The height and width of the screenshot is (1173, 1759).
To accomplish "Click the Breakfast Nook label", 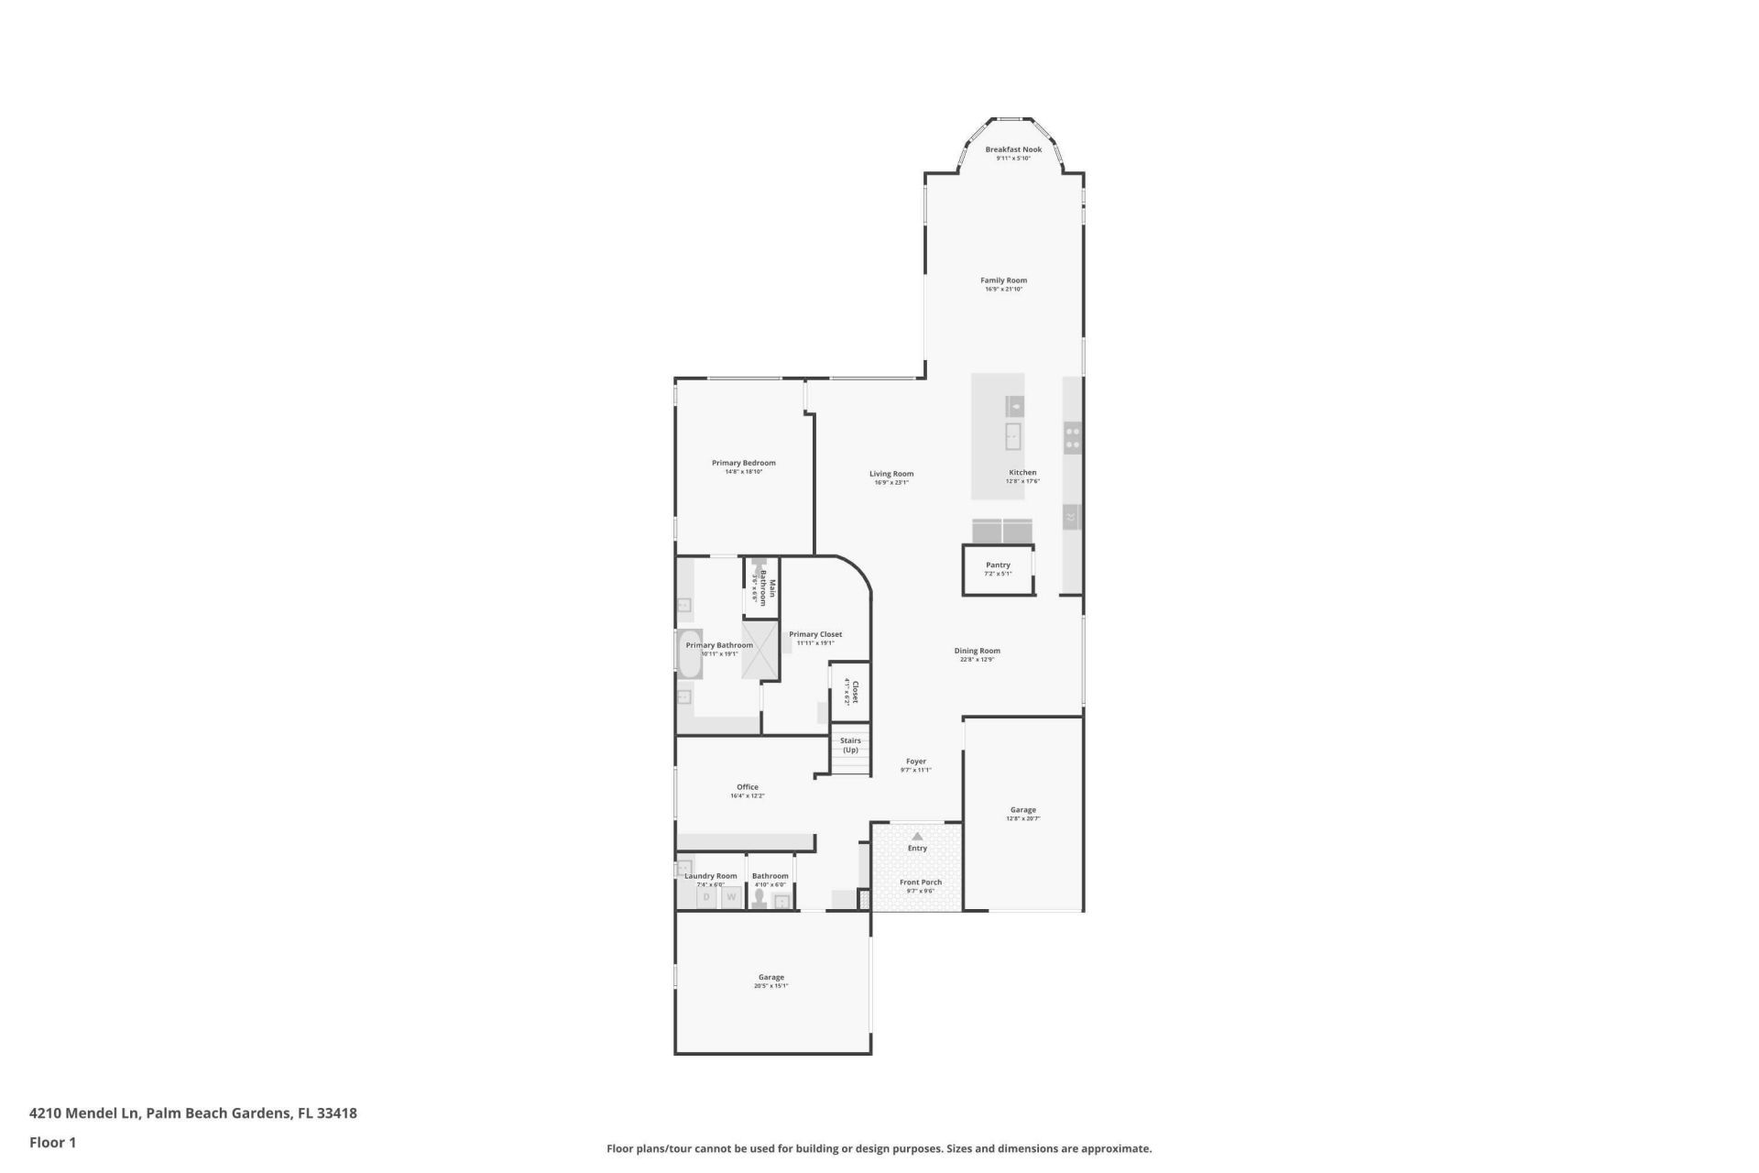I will [x=1013, y=149].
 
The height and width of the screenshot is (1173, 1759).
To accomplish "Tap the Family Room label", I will [x=1003, y=280].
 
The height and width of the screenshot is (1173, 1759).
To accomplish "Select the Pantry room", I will [x=998, y=570].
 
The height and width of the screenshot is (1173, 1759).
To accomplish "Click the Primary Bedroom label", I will [x=743, y=463].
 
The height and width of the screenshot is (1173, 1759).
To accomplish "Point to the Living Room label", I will [x=890, y=474].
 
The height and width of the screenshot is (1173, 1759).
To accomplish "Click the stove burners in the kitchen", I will [x=1072, y=437].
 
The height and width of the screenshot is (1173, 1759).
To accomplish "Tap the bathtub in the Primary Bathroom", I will [x=690, y=653].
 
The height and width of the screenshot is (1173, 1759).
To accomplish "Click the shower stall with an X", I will [x=760, y=650].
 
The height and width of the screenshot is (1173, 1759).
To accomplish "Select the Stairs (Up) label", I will [x=850, y=745].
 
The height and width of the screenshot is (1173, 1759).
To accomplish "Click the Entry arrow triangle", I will [x=917, y=836].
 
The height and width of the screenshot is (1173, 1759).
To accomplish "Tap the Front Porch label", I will [x=920, y=882].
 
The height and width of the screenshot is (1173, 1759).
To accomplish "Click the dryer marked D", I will [x=706, y=897].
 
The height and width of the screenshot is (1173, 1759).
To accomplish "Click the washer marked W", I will [x=731, y=897].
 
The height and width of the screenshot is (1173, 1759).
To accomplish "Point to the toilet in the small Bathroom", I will [x=759, y=898].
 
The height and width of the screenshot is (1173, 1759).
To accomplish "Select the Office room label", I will [x=747, y=787].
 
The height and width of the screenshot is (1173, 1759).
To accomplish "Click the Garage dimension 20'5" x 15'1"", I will [x=770, y=986].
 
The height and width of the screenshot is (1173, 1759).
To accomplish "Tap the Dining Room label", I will [x=977, y=651].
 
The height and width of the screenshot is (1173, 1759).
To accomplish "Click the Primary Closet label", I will [x=815, y=634].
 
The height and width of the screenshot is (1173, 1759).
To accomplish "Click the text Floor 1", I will [x=52, y=1142].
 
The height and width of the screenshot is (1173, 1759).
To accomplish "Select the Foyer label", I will [x=915, y=762].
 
